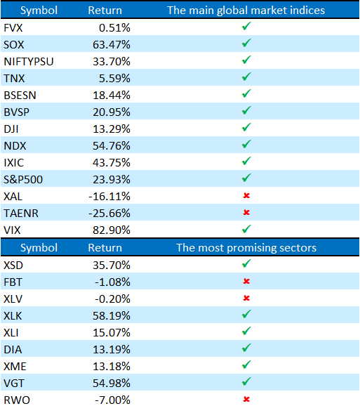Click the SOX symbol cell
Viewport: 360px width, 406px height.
tap(14, 45)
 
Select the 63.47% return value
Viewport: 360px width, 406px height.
tap(112, 45)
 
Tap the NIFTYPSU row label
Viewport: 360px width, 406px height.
tap(29, 62)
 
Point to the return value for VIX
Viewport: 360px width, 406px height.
tap(112, 230)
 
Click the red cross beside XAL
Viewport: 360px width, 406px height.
tap(246, 195)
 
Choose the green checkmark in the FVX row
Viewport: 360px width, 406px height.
tap(246, 26)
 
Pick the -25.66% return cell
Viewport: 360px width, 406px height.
tap(109, 214)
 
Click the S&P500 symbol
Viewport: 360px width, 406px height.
tap(23, 180)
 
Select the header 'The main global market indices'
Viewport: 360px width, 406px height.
tap(246, 11)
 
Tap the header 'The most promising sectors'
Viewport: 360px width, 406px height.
tap(246, 248)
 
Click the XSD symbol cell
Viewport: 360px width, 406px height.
tap(13, 266)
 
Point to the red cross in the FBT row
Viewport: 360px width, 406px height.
tap(246, 281)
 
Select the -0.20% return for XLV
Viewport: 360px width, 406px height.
tap(112, 299)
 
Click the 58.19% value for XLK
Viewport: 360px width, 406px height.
tap(112, 316)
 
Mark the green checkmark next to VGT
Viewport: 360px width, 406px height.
tap(246, 381)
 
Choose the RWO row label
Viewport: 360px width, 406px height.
tap(17, 400)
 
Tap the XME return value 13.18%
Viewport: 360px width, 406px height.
tap(112, 367)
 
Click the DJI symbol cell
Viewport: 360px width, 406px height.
tap(11, 129)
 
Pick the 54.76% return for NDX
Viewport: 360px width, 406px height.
tap(112, 146)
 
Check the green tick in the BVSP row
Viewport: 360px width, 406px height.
tap(246, 110)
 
